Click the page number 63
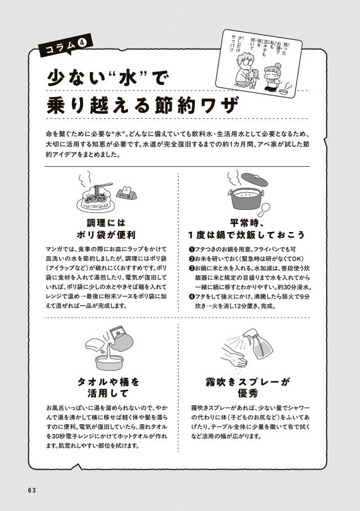pyautogui.click(x=33, y=489)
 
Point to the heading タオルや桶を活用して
pyautogui.click(x=108, y=387)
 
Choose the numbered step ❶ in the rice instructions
pyautogui.click(x=191, y=248)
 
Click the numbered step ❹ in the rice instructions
pyautogui.click(x=191, y=297)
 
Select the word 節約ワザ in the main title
pyautogui.click(x=194, y=105)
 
